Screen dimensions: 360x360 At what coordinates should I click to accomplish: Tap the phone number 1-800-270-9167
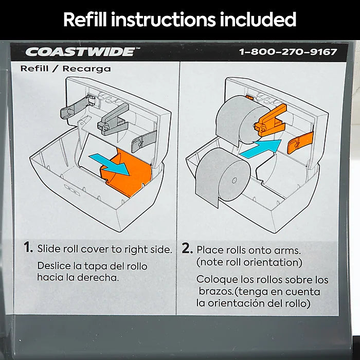click(288, 52)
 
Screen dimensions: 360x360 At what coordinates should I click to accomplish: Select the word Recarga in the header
click(86, 68)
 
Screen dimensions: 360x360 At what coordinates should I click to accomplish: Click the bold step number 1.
click(28, 247)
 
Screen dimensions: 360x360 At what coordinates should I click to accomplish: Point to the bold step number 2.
click(187, 248)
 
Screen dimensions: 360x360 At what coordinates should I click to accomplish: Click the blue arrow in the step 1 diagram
click(109, 164)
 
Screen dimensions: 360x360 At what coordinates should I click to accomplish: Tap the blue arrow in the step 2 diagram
click(261, 149)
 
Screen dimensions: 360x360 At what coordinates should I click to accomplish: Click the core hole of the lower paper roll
click(234, 180)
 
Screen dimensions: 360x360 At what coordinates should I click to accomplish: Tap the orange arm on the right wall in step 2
click(300, 142)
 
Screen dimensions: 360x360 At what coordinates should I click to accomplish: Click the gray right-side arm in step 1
click(143, 141)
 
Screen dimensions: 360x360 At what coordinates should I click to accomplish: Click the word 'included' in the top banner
click(258, 20)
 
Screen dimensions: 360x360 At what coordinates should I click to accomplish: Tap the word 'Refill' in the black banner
click(85, 20)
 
